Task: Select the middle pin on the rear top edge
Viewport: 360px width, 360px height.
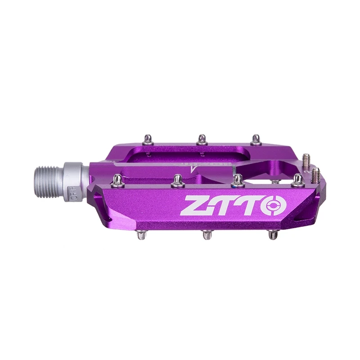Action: tap(202, 138)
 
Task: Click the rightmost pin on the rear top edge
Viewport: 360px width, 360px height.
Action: tap(256, 138)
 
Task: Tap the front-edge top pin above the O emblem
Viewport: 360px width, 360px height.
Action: tap(297, 180)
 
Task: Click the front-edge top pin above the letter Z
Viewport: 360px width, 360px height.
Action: tap(175, 180)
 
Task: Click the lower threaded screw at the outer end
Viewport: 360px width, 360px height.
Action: tap(316, 173)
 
